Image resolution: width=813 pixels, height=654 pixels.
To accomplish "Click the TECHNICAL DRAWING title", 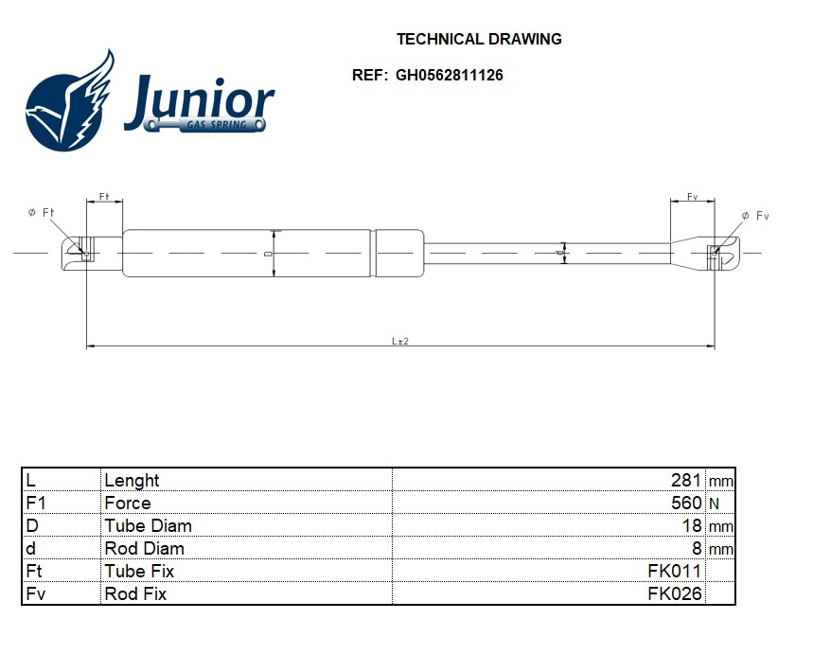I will pyautogui.click(x=479, y=39).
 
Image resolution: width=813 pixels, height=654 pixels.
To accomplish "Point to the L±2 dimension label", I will pyautogui.click(x=400, y=342).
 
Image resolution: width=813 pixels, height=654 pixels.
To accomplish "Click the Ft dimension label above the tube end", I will pyautogui.click(x=104, y=198).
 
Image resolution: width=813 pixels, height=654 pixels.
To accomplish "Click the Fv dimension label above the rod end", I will pyautogui.click(x=693, y=198).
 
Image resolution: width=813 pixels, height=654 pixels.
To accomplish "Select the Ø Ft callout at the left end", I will pyautogui.click(x=43, y=213).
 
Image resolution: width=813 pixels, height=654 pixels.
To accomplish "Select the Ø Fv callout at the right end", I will pyautogui.click(x=756, y=217).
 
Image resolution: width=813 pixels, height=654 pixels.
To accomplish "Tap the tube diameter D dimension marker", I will pyautogui.click(x=270, y=254).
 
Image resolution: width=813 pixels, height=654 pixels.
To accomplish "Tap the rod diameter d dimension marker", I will pyautogui.click(x=561, y=253).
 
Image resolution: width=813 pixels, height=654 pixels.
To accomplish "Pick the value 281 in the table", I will pyautogui.click(x=686, y=480).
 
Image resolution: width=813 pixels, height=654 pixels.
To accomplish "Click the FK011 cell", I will pyautogui.click(x=674, y=571).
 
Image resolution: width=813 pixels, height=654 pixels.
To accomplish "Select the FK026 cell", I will pyautogui.click(x=674, y=593).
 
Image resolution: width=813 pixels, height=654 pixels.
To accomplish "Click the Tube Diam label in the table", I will pyautogui.click(x=148, y=525).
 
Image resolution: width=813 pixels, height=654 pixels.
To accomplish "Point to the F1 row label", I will pyautogui.click(x=36, y=503).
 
